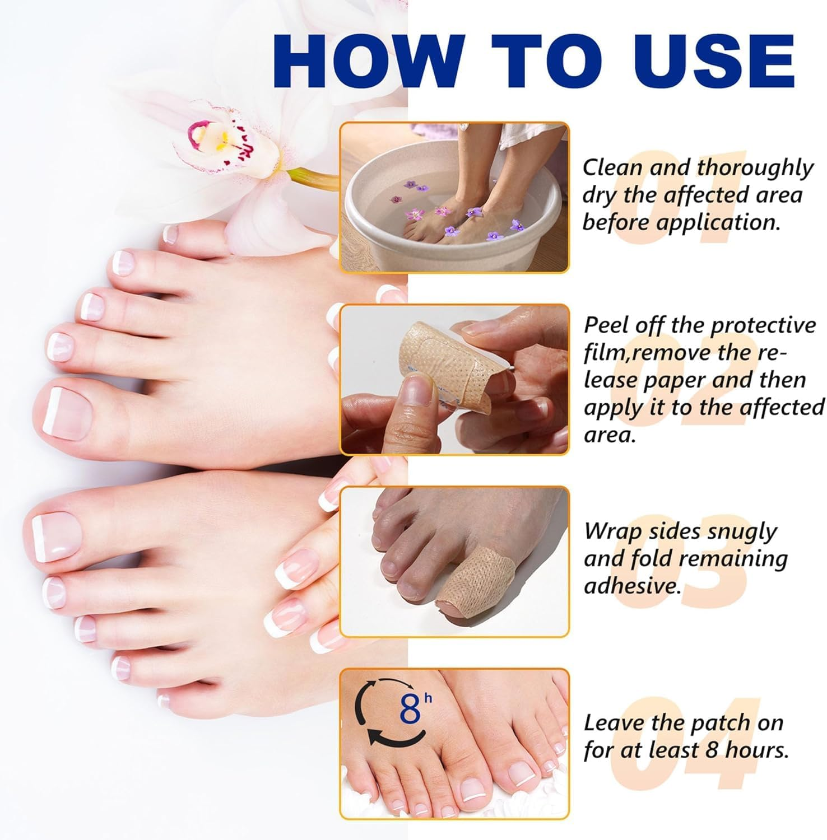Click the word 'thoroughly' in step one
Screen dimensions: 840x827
coord(755,168)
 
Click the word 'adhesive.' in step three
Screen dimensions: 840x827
coord(633,586)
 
